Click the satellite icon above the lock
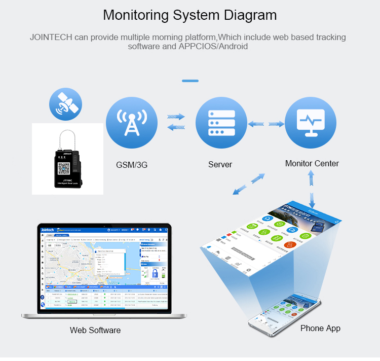pyautogui.click(x=65, y=104)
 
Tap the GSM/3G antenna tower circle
pyautogui.click(x=132, y=124)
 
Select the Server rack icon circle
pyautogui.click(x=221, y=124)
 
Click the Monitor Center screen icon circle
pyautogui.click(x=311, y=123)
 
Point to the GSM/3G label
pyautogui.click(x=132, y=164)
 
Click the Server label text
pyautogui.click(x=220, y=164)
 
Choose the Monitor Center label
pyautogui.click(x=312, y=163)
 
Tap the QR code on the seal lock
pyautogui.click(x=63, y=168)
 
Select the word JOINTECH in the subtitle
pyautogui.click(x=51, y=38)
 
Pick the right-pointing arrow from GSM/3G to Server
pyautogui.click(x=176, y=117)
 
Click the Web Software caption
pyautogui.click(x=95, y=330)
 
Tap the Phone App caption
pyautogui.click(x=320, y=328)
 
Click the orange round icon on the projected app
pyautogui.click(x=288, y=244)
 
